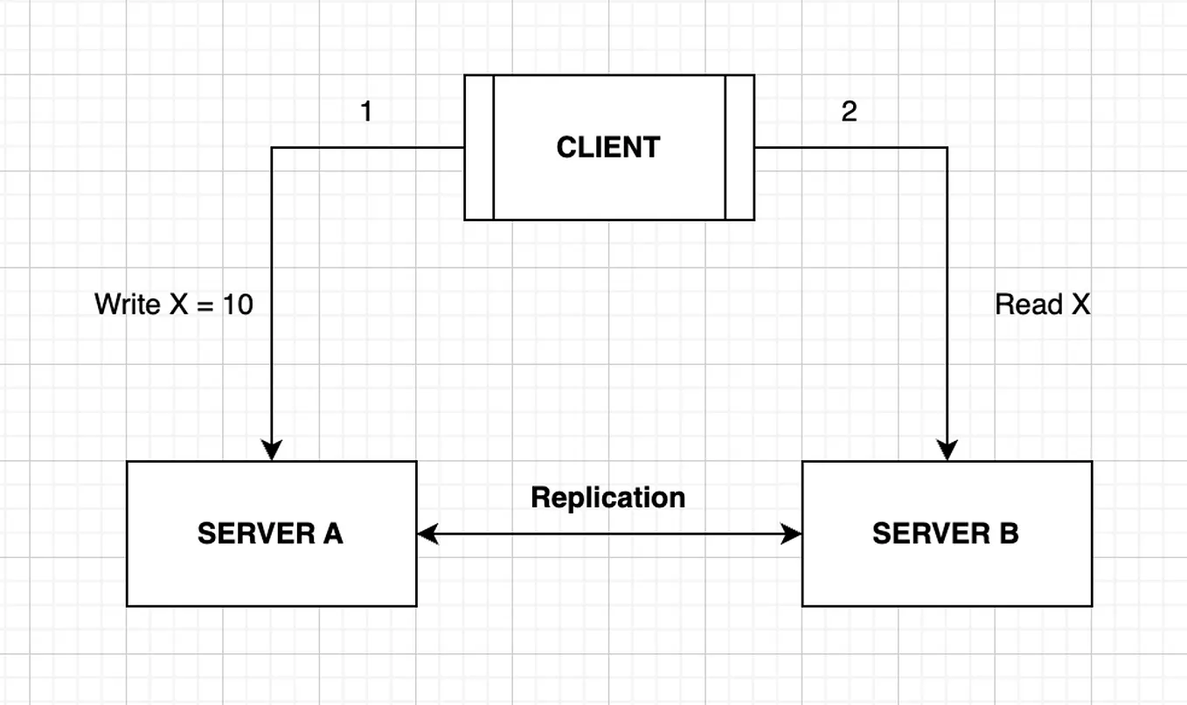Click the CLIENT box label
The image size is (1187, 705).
[608, 147]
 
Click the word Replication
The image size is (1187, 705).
[608, 498]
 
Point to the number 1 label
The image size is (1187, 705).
[366, 112]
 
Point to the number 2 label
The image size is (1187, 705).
[849, 112]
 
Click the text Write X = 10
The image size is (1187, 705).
[174, 304]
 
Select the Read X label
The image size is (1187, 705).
[1043, 304]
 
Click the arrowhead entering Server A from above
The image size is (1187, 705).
[272, 450]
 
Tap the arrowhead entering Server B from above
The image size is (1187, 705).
[948, 450]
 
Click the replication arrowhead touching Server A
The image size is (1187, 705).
[427, 534]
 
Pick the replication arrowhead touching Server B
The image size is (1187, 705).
[792, 534]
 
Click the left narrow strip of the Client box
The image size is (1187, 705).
[479, 147]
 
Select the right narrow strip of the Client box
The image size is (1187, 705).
[739, 147]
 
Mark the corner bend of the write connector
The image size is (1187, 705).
[272, 148]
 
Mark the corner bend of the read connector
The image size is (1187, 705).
[948, 148]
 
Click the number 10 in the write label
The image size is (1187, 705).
[237, 304]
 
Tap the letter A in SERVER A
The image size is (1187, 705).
[332, 534]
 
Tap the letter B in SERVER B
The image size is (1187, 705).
[1008, 534]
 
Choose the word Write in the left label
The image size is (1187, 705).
[127, 304]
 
